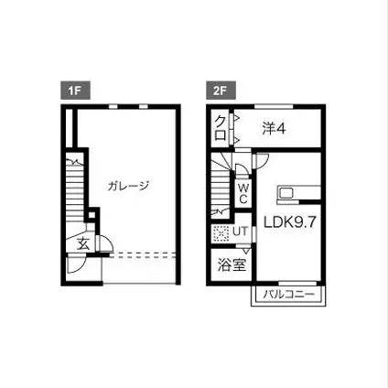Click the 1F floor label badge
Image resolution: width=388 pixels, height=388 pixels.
click(x=75, y=91)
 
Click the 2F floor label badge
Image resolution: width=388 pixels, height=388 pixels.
click(x=221, y=91)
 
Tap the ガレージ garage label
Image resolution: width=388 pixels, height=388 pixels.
click(x=128, y=186)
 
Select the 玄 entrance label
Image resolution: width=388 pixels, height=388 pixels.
click(x=83, y=244)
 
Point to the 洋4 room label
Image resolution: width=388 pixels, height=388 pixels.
click(x=274, y=128)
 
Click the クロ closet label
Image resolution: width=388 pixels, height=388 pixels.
click(x=221, y=128)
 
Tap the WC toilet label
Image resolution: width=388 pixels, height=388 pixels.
click(x=243, y=193)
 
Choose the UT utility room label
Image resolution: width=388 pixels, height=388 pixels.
click(x=241, y=232)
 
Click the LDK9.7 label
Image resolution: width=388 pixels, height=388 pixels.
click(x=289, y=222)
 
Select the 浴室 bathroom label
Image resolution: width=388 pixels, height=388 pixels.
click(x=232, y=264)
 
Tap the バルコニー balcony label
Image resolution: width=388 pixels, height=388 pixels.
click(x=288, y=295)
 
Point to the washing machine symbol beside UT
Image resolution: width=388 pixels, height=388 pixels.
click(x=221, y=234)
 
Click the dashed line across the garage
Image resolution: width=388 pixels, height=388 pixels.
click(x=143, y=255)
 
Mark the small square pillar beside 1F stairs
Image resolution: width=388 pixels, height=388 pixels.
click(x=92, y=215)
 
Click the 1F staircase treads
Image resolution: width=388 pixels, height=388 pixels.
click(x=74, y=190)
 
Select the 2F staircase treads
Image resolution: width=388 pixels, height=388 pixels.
click(x=221, y=191)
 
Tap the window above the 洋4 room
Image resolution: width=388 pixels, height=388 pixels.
click(x=274, y=106)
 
